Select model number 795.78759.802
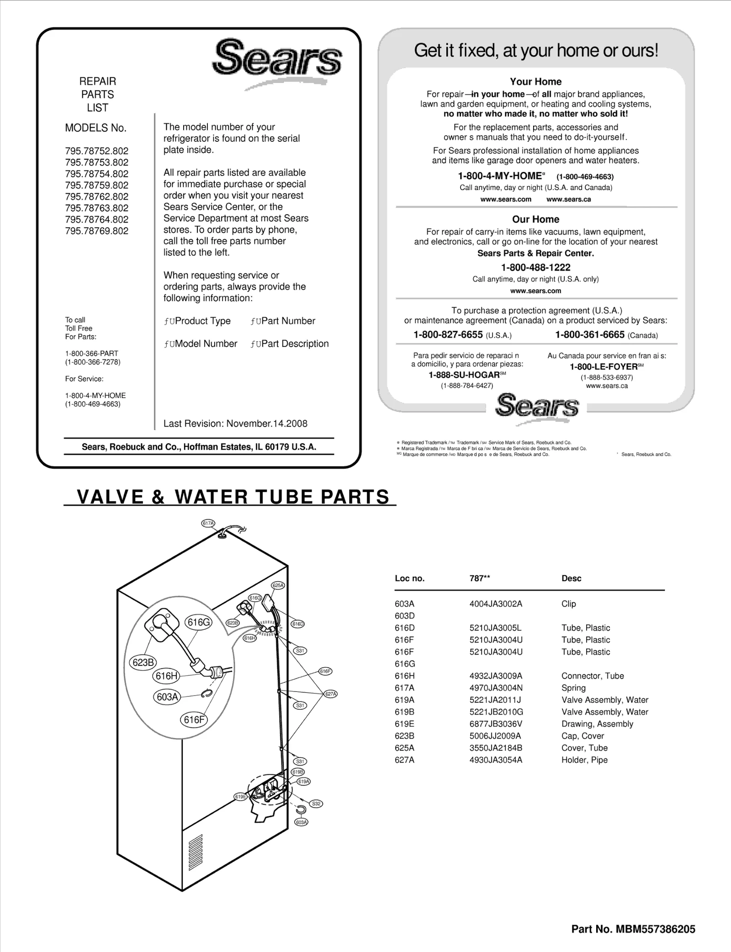(x=96, y=185)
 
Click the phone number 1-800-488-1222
(x=535, y=267)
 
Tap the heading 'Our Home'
(x=535, y=219)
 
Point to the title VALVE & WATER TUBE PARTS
(x=233, y=497)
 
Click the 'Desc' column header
(x=571, y=578)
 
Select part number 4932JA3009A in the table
(x=496, y=675)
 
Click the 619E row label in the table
(x=404, y=723)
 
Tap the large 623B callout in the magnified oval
(x=143, y=662)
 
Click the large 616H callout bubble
(x=166, y=676)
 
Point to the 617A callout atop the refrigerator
(x=208, y=523)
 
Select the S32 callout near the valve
(x=316, y=803)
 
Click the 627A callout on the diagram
(x=330, y=694)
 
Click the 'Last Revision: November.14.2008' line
(x=235, y=423)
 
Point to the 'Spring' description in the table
(x=573, y=687)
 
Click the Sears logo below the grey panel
(x=536, y=406)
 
